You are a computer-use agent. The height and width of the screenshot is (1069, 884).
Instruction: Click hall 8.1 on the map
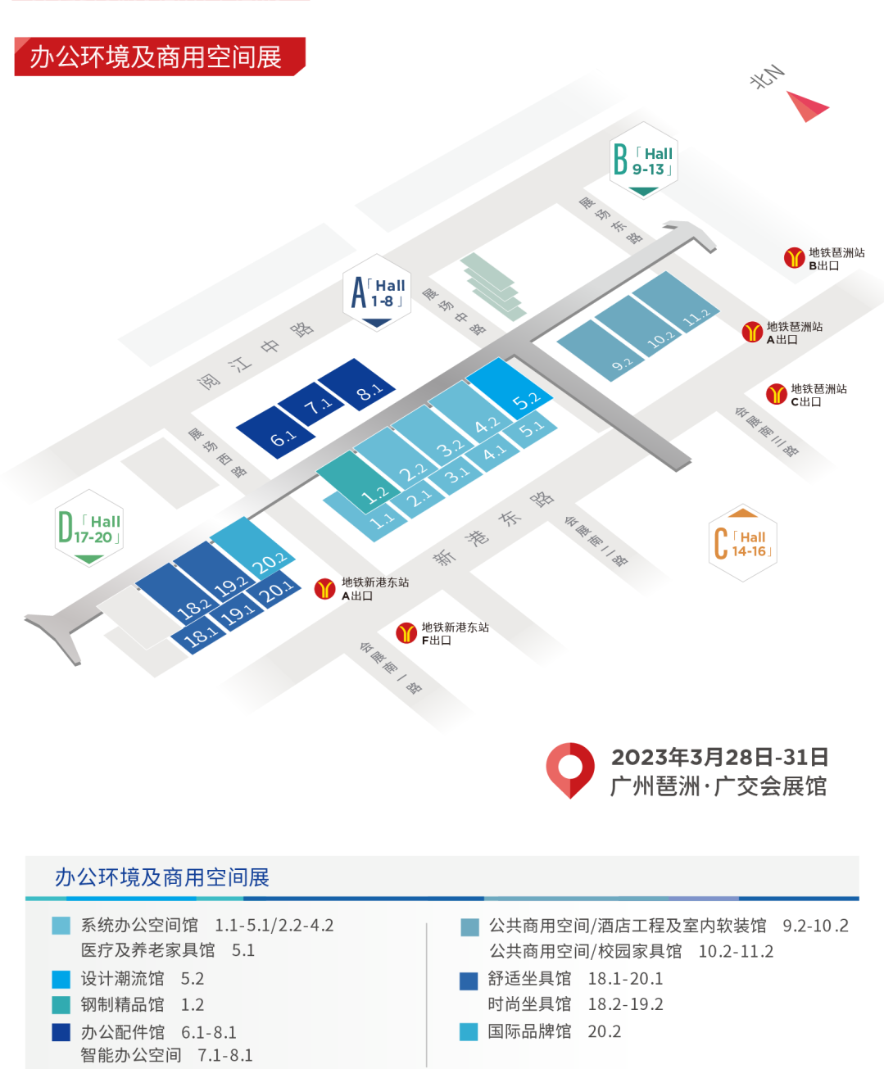tap(356, 384)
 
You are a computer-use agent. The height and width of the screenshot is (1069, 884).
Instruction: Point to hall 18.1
tap(199, 636)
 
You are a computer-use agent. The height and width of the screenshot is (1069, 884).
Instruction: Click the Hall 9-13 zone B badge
tap(644, 161)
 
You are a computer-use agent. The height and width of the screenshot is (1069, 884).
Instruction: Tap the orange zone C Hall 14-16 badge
tap(742, 542)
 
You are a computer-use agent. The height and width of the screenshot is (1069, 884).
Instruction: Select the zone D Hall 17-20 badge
tap(89, 528)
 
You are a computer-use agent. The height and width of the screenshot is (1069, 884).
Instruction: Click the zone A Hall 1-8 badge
tap(377, 292)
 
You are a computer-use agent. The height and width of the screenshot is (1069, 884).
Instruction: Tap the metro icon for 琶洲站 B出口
tap(795, 257)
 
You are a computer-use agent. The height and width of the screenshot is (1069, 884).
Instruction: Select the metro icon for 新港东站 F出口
tap(406, 632)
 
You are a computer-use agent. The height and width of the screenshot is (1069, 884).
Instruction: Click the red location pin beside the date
tap(570, 770)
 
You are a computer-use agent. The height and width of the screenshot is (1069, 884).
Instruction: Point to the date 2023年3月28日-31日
tap(719, 757)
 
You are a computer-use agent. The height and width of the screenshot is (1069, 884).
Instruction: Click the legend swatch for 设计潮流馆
tap(61, 980)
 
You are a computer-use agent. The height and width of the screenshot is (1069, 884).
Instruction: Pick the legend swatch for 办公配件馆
tap(61, 1032)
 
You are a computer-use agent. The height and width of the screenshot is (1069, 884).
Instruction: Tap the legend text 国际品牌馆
tap(529, 1031)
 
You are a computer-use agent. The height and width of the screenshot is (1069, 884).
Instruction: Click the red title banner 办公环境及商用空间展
tap(160, 57)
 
